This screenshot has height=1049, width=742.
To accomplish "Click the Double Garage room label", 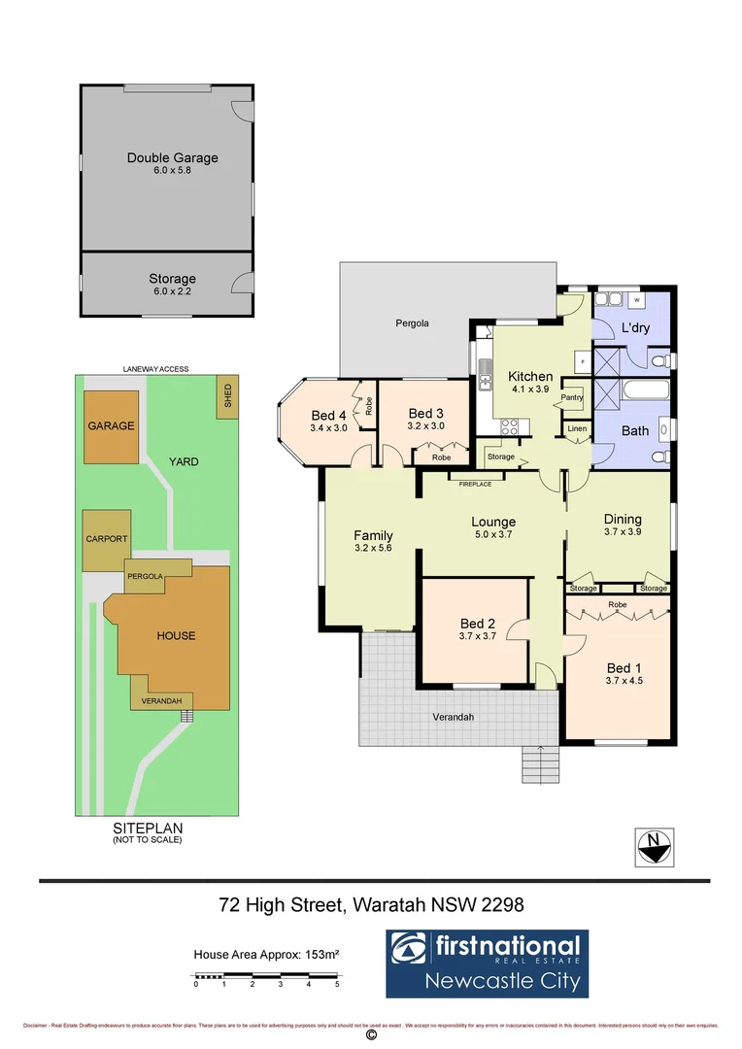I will pyautogui.click(x=172, y=157).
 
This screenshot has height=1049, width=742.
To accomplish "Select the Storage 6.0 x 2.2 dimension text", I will pyautogui.click(x=172, y=291).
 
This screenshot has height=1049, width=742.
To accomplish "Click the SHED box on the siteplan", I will pyautogui.click(x=228, y=398).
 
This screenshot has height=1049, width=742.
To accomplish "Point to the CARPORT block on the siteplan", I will pyautogui.click(x=105, y=540).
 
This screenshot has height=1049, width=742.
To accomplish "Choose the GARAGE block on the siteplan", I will pyautogui.click(x=111, y=426).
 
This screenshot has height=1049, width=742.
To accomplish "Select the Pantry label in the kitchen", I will pyautogui.click(x=572, y=397).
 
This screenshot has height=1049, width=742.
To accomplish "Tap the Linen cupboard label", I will pyautogui.click(x=577, y=428).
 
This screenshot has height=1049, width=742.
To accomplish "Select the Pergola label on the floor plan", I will pyautogui.click(x=412, y=322).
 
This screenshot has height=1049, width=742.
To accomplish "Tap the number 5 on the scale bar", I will pyautogui.click(x=337, y=984).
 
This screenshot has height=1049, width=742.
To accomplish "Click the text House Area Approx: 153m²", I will pyautogui.click(x=266, y=954).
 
